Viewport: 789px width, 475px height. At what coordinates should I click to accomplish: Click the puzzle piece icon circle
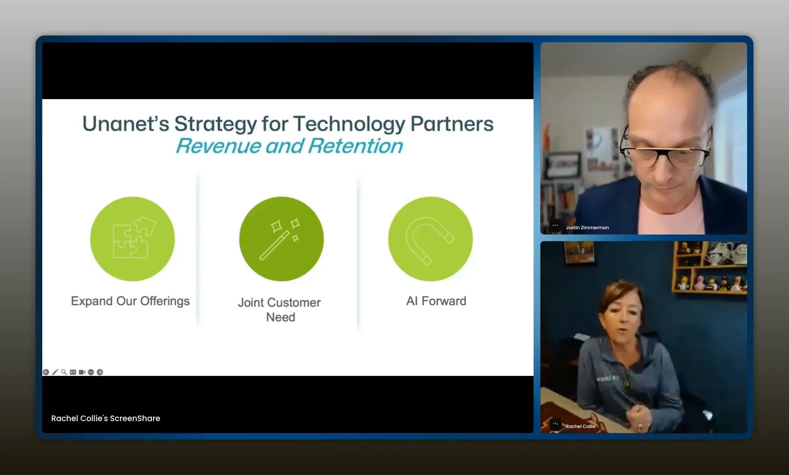tap(132, 239)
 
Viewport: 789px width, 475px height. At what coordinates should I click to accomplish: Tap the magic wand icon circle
tap(282, 239)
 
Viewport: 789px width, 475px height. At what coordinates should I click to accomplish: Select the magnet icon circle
tap(430, 239)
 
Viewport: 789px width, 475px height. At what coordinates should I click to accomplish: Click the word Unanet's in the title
tap(126, 124)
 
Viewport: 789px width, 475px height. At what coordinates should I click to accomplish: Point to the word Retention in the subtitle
tap(356, 146)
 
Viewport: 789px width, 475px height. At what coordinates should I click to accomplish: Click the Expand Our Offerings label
tap(130, 301)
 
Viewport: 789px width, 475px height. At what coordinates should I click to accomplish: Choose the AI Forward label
tap(436, 301)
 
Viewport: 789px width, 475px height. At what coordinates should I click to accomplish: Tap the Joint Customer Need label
tap(280, 310)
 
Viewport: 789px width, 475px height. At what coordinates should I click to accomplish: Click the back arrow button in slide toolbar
tap(46, 372)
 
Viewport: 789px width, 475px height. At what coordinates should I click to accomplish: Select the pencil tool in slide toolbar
tap(55, 372)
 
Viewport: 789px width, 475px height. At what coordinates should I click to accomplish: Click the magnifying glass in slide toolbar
tap(64, 372)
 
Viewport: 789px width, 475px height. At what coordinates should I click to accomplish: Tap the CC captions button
tap(73, 372)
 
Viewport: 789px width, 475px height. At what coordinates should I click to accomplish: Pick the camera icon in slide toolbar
tap(82, 372)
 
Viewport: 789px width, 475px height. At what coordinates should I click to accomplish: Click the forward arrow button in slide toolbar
tap(100, 372)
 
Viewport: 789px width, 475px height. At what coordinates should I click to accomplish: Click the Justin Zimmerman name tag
tap(587, 227)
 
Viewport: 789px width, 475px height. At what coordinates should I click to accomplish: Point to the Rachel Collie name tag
tap(580, 426)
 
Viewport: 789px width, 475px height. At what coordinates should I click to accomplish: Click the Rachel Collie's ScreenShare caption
tap(105, 419)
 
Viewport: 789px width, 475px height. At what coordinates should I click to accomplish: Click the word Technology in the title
tap(349, 125)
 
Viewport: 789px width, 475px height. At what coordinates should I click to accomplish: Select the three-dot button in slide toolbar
tap(91, 372)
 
